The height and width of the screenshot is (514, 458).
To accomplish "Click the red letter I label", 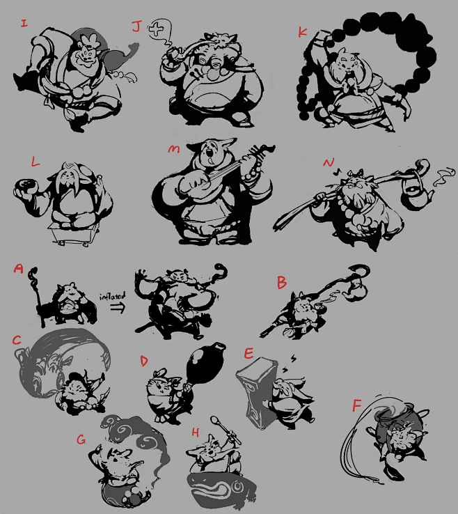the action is coord(24,23).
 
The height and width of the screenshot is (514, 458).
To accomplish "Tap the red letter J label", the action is coord(137,26).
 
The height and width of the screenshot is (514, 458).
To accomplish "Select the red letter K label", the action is coord(302,32).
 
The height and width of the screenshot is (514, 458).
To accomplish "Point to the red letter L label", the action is coord(35,161).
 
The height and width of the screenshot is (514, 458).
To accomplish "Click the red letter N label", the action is coord(329,162).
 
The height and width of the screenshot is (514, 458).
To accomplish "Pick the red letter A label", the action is coord(19,269).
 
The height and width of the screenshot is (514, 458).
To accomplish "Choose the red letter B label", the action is coord(282,282).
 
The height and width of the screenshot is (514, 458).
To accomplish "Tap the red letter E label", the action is coord(248,353).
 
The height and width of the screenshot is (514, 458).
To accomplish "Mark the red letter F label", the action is coord(356,405).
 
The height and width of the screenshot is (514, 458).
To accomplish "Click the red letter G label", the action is coord(81,439).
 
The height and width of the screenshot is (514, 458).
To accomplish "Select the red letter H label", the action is coord(196,433).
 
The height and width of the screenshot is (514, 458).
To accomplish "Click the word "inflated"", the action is coord(112,296).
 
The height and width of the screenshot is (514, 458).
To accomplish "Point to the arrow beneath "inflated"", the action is coord(118,308).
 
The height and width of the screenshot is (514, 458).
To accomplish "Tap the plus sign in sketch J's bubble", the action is coord(156,29).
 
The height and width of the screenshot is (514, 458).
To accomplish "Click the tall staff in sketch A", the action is coord(38,297).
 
